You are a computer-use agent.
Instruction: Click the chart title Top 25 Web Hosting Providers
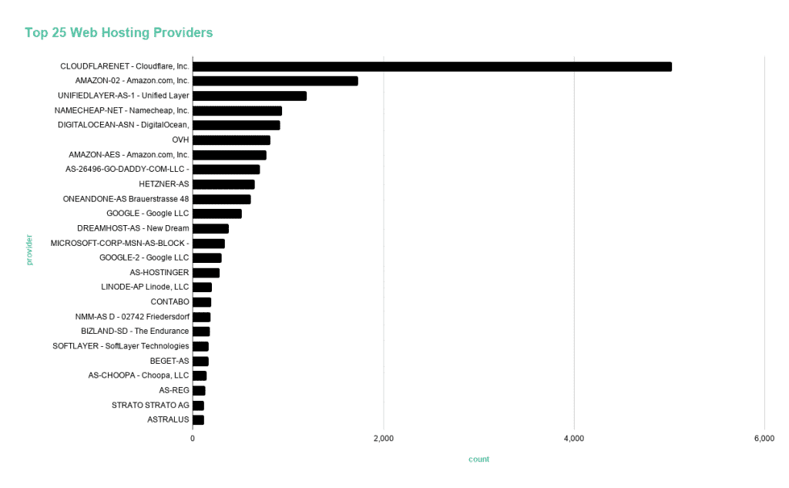tap(119, 32)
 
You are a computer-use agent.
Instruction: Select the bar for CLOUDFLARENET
tap(431, 66)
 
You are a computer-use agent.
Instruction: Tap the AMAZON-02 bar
tap(275, 81)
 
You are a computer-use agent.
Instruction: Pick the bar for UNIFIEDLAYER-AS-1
tap(250, 96)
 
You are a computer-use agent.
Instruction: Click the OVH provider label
tap(180, 140)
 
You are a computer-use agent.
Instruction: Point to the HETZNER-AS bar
tap(223, 184)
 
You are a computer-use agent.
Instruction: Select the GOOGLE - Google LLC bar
tap(217, 214)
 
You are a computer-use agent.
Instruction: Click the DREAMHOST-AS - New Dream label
tap(133, 228)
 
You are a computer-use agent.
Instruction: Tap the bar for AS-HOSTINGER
tap(206, 273)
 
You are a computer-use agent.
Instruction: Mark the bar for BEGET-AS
tap(200, 361)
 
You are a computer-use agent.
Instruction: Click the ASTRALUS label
tap(168, 420)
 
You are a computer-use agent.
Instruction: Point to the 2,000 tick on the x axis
tap(383, 439)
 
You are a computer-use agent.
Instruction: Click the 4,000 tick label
tap(574, 439)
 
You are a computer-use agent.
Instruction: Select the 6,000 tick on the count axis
tap(764, 439)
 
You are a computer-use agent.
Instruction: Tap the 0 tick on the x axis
tap(193, 439)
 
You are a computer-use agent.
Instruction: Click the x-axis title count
tap(478, 459)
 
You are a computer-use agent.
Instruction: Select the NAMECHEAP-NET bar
tap(237, 111)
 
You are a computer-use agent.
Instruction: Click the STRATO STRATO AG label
tap(150, 406)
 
